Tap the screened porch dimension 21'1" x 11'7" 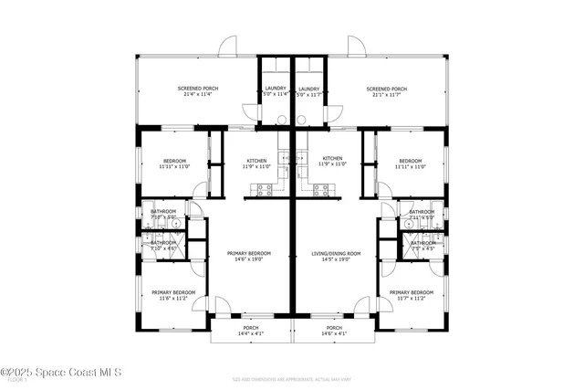point(386,94)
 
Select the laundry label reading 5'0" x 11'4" point(276,94)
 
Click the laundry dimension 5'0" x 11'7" point(308,94)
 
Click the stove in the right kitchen point(320,190)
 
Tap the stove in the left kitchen point(264,190)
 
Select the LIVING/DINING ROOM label point(337,253)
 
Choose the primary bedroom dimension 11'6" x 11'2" point(169,298)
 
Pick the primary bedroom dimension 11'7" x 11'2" point(412,298)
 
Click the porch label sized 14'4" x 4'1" point(251,334)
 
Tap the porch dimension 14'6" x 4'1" point(334,334)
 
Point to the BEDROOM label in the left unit point(174,161)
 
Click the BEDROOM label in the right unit point(412,161)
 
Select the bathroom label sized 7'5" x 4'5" point(422,248)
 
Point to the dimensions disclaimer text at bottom point(291,376)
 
